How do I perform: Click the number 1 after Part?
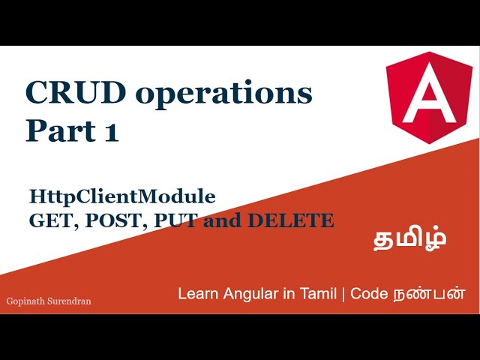(110, 130)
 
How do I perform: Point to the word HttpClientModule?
(122, 196)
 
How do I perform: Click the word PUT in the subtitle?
(164, 220)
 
